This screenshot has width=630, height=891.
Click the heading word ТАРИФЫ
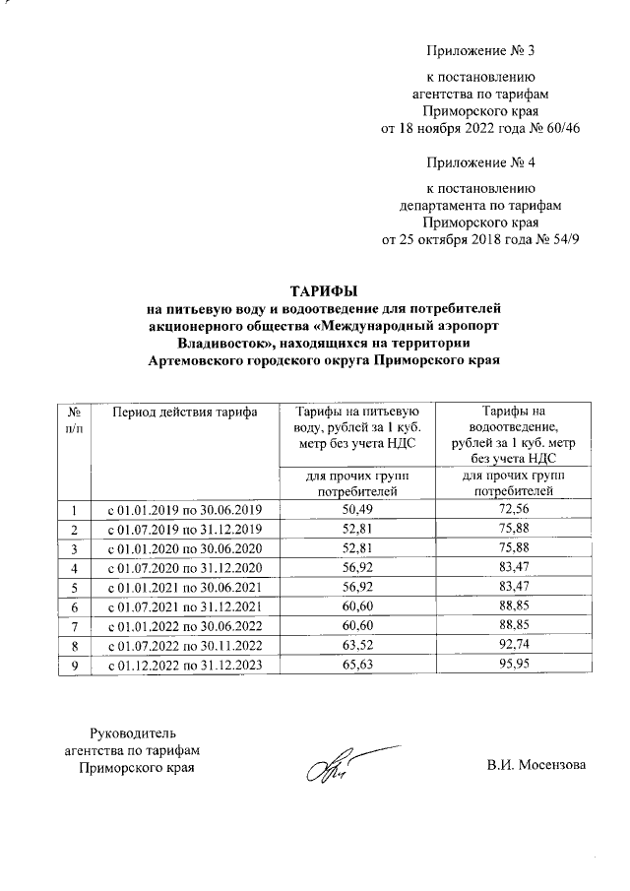click(x=322, y=290)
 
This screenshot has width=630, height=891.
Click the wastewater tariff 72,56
click(x=519, y=509)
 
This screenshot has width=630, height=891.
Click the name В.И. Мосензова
click(x=535, y=765)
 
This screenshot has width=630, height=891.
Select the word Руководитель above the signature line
click(x=132, y=733)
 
